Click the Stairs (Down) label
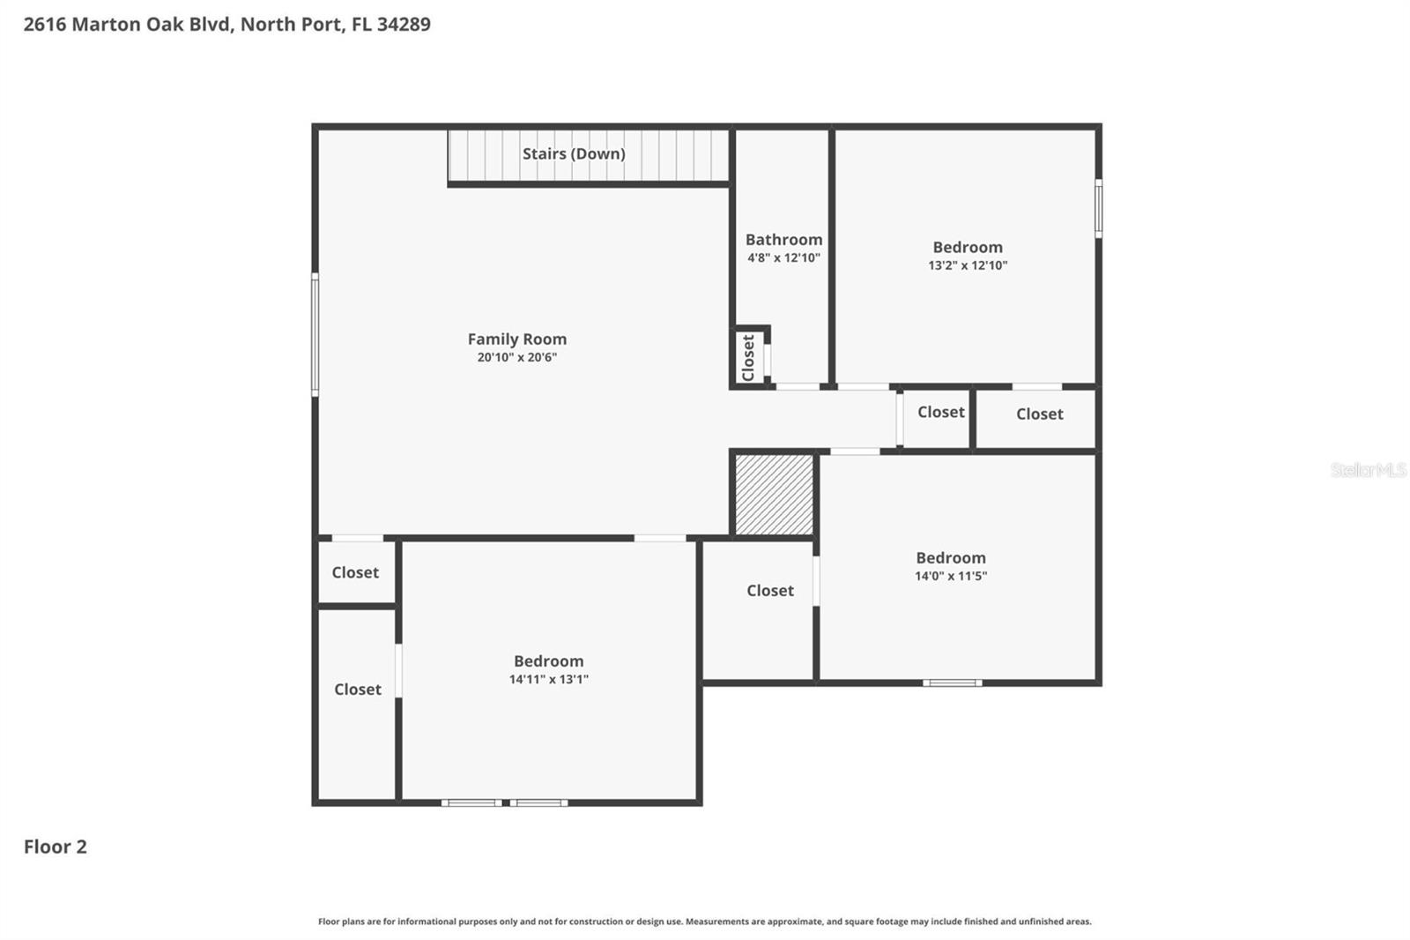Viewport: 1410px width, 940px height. click(574, 153)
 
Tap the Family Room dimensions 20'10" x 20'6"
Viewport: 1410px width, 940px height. click(517, 357)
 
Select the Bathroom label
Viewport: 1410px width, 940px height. click(783, 239)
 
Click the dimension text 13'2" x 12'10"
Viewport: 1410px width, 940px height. click(968, 265)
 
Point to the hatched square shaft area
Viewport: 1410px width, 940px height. click(774, 495)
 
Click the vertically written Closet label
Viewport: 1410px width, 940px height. click(748, 357)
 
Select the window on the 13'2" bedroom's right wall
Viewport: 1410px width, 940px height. click(1098, 208)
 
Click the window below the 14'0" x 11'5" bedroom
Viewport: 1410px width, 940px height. click(952, 683)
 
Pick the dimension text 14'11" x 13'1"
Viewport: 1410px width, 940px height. click(548, 679)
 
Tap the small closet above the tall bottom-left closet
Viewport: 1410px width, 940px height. click(355, 572)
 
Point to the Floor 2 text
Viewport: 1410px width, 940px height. click(55, 847)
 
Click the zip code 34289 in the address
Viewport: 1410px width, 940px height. click(404, 24)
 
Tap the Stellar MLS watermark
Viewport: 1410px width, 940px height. click(1368, 470)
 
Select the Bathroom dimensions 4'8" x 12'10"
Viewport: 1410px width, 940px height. click(783, 258)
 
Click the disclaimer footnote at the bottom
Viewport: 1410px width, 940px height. click(704, 921)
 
